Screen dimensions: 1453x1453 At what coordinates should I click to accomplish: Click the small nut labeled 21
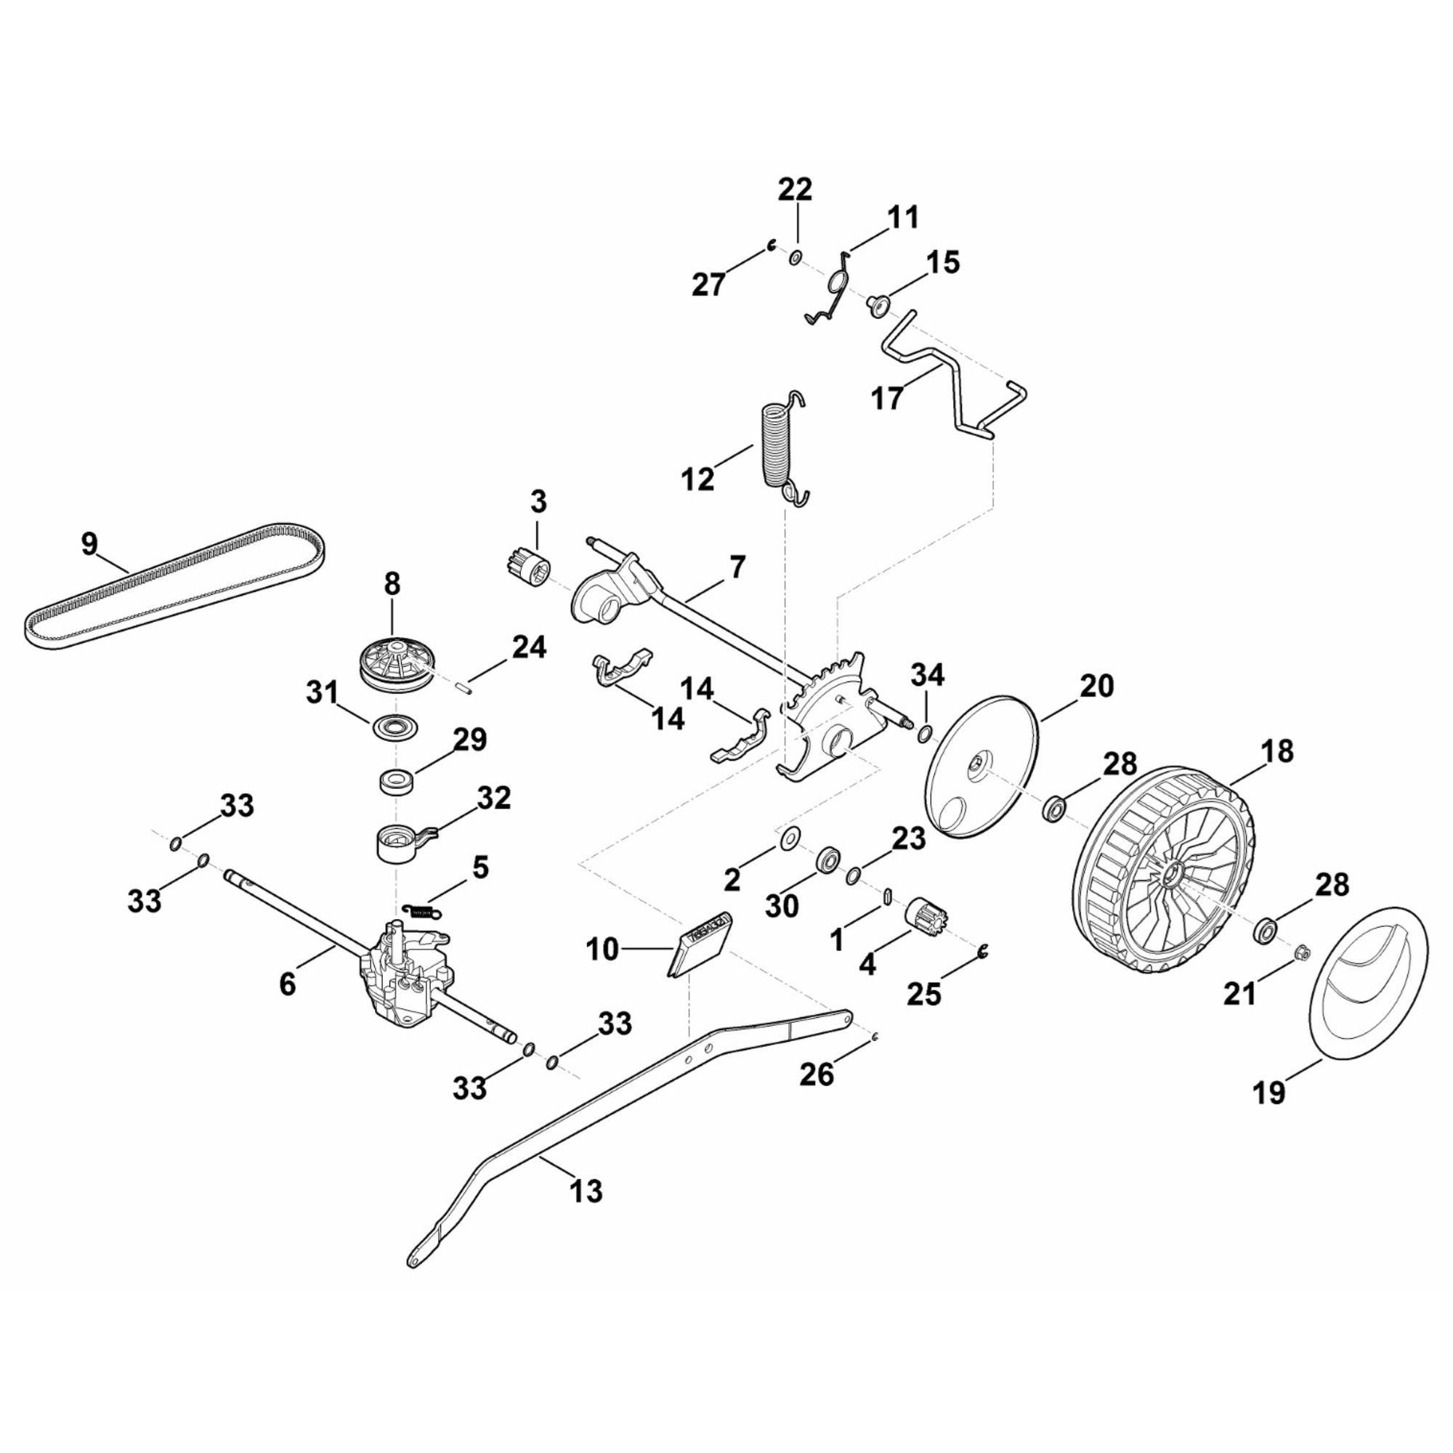tap(1299, 954)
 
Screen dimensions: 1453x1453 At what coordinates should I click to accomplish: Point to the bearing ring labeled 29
tap(397, 780)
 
